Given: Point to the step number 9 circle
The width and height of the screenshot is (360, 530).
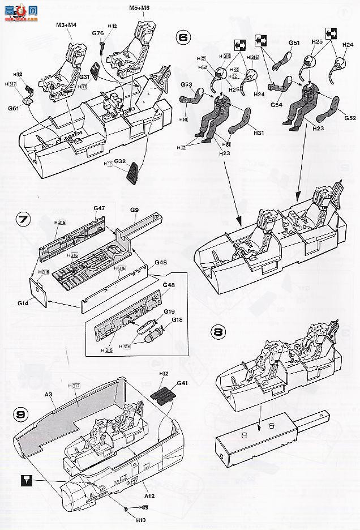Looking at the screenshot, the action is pos(20,414).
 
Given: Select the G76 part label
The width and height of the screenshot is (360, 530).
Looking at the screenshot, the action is pos(98,33).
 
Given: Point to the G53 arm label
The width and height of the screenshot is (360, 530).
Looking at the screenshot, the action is pos(186,84).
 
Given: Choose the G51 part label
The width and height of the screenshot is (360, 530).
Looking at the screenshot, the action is pos(293,42).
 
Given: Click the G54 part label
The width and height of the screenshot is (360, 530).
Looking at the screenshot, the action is pos(276,105).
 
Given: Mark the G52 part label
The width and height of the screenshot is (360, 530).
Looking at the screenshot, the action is pos(349,118).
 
